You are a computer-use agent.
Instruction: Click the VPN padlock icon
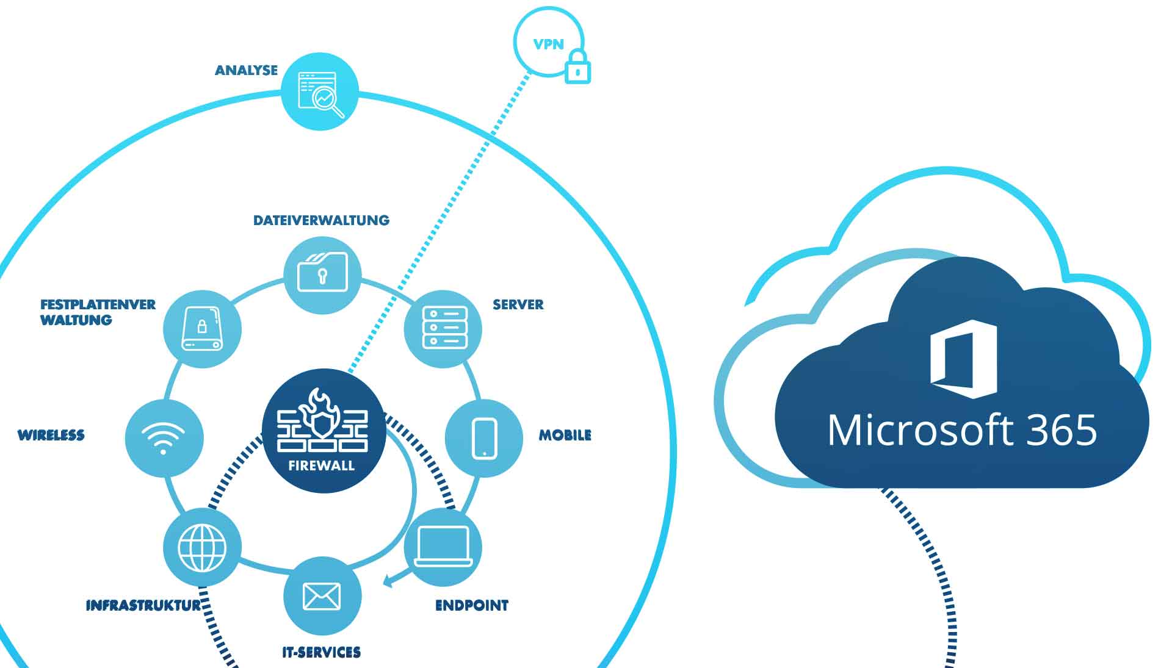(577, 68)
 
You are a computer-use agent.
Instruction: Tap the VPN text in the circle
(548, 45)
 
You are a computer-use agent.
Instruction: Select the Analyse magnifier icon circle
(320, 92)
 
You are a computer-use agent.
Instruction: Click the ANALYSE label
(246, 71)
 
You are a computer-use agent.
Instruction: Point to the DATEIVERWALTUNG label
(321, 220)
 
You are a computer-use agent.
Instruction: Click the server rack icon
(444, 328)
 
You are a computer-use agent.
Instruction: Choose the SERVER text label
(518, 304)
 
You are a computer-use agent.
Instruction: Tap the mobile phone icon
(485, 437)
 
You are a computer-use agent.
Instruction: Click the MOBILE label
(565, 435)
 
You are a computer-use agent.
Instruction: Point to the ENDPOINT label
(471, 605)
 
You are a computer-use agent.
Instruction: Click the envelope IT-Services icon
(322, 596)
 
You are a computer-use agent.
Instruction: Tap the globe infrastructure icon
(202, 547)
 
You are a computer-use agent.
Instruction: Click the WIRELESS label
(51, 435)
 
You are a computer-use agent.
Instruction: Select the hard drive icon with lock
(202, 329)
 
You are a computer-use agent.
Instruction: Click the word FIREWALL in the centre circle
(322, 466)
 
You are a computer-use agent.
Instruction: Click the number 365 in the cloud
(1062, 431)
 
